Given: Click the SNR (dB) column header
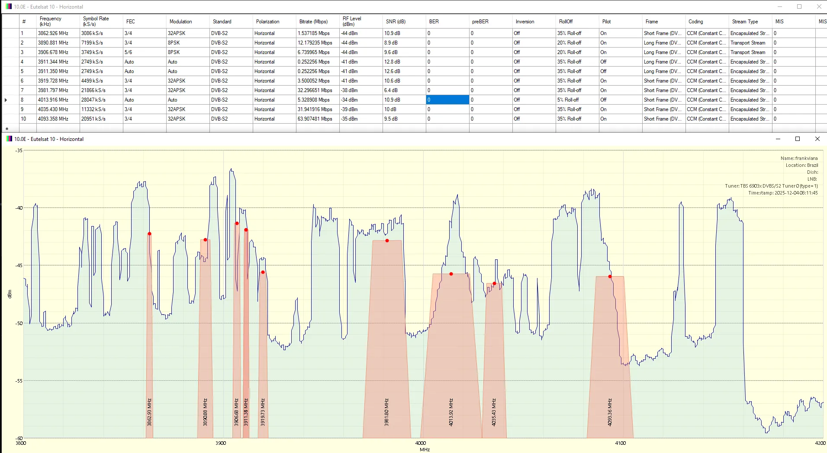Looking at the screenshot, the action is pos(396,22).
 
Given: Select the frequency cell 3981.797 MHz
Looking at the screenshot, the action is pos(53,90).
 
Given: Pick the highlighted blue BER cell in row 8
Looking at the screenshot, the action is pos(447,100).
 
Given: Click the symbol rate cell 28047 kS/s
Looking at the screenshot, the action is pos(93,100).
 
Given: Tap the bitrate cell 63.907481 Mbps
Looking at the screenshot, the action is pos(315,119).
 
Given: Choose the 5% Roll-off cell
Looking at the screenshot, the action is pos(568,100).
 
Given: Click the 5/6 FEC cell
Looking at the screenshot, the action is pos(129,52).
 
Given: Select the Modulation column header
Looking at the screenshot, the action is pos(181,22).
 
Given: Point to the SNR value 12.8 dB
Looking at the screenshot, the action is pos(392,62).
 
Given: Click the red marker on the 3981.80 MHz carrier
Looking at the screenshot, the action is pos(387,241).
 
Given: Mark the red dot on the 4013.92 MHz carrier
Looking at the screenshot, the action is pos(451,274).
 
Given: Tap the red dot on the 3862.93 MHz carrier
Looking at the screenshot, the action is pos(149,234).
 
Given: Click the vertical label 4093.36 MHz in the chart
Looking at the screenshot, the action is pos(610,412).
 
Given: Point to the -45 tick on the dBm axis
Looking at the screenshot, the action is pos(19,265).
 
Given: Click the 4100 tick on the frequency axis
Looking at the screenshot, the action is pos(621,443).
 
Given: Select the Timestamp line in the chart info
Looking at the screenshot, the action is pos(783,193).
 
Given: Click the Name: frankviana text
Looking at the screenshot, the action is pos(799,158).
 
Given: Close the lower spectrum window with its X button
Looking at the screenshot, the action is pos(817,139).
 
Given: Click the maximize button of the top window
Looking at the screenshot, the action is pos(799,6).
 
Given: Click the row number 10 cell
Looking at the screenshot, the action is pos(23,119).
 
